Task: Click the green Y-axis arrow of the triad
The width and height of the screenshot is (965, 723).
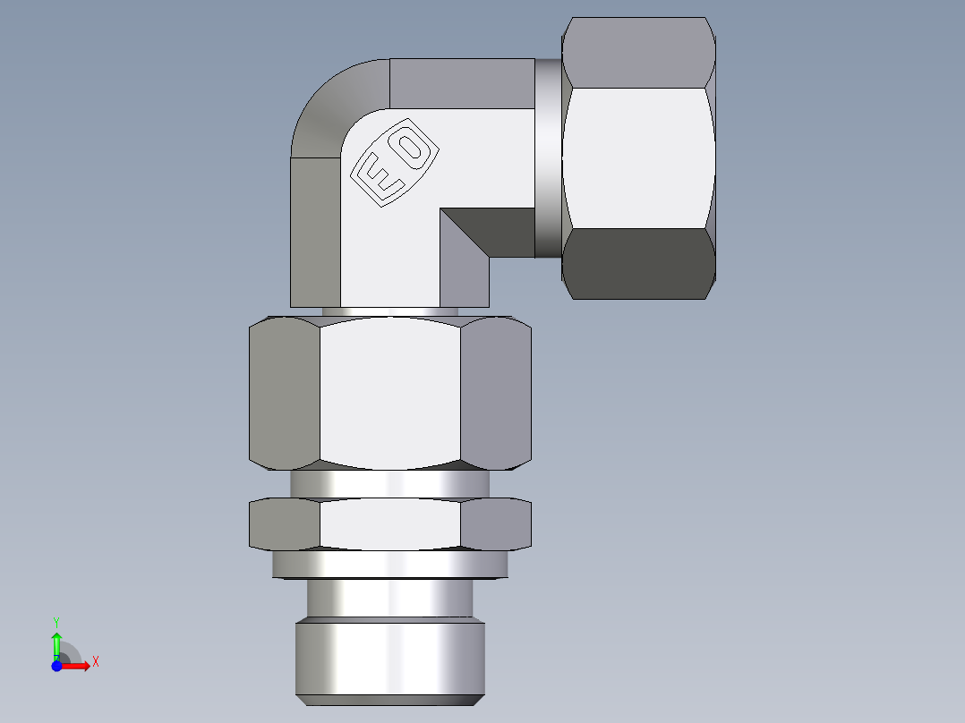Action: [x=56, y=641]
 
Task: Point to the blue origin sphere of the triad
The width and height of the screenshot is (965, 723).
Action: [x=57, y=666]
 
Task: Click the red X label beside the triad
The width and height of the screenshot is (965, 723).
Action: [x=96, y=662]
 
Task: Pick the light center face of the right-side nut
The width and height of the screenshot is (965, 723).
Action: [x=638, y=157]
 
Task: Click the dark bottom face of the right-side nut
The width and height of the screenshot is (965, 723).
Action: [x=639, y=263]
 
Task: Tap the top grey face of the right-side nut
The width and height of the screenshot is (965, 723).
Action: [x=639, y=52]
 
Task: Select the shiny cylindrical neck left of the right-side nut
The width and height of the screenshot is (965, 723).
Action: [x=548, y=158]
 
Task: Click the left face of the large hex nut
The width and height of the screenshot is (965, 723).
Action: [x=284, y=394]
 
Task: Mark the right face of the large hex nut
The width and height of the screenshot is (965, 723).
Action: [x=496, y=394]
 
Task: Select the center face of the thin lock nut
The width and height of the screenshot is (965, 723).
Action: [x=390, y=523]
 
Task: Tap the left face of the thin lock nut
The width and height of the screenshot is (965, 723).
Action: [x=284, y=523]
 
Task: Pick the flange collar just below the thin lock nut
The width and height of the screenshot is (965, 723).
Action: [x=390, y=564]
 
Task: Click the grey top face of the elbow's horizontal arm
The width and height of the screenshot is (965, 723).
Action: [x=462, y=83]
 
